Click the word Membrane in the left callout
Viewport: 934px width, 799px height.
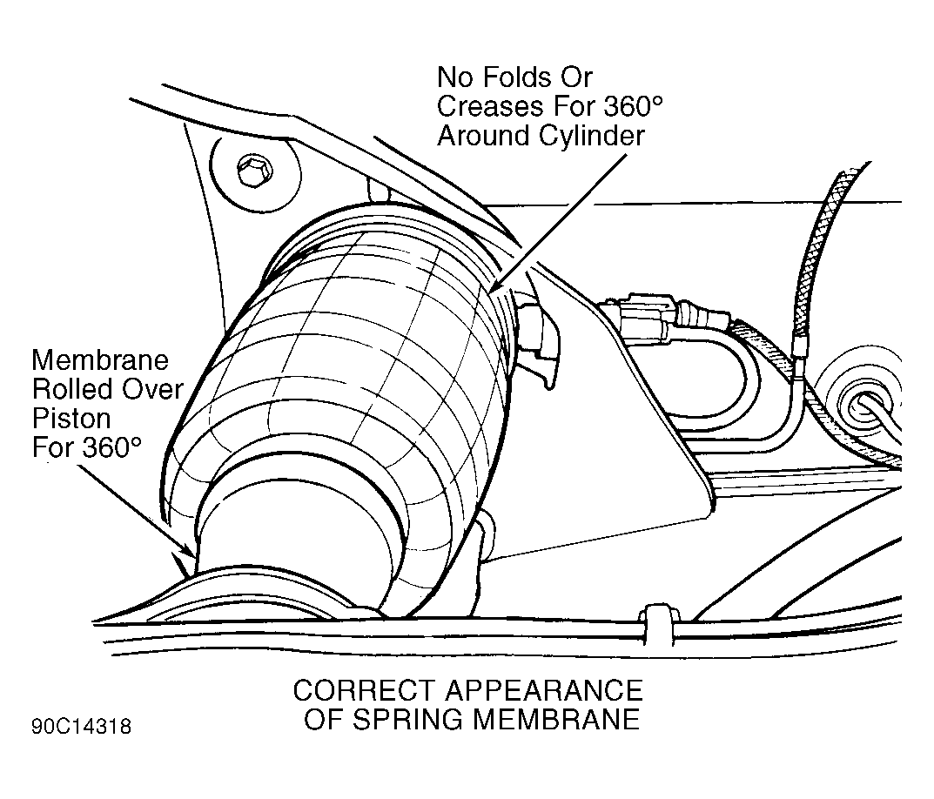(100, 359)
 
